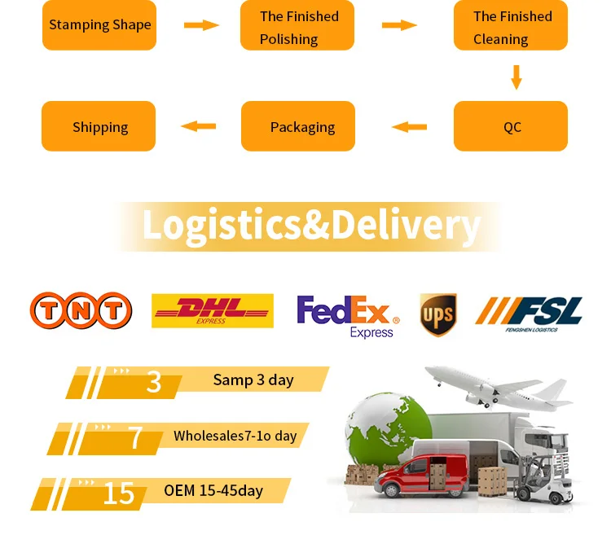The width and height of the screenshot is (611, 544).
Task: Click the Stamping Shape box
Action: pyautogui.click(x=99, y=25)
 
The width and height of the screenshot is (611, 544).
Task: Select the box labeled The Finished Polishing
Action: pyautogui.click(x=297, y=27)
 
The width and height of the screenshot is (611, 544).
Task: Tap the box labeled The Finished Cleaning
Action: pyautogui.click(x=511, y=27)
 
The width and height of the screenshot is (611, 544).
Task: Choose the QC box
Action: pyautogui.click(x=511, y=126)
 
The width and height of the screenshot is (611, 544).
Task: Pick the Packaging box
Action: pyautogui.click(x=298, y=126)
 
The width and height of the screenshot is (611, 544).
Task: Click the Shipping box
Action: pyautogui.click(x=99, y=126)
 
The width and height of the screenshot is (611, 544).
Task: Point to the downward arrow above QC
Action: pyautogui.click(x=516, y=77)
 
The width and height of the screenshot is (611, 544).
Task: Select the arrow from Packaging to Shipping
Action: pyautogui.click(x=198, y=126)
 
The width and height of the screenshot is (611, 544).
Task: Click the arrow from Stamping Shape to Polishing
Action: pyautogui.click(x=201, y=25)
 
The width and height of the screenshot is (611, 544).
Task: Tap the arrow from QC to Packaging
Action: pyautogui.click(x=409, y=126)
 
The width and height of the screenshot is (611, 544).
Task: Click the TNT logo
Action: pyautogui.click(x=81, y=310)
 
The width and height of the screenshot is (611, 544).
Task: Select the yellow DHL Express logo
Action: pyautogui.click(x=212, y=310)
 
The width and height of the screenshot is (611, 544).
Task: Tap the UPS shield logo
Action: pyautogui.click(x=438, y=314)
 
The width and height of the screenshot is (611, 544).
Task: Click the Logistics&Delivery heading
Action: pyautogui.click(x=310, y=226)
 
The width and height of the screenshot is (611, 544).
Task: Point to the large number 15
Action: pyautogui.click(x=118, y=493)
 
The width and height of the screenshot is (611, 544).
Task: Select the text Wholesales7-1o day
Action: pyautogui.click(x=235, y=436)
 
